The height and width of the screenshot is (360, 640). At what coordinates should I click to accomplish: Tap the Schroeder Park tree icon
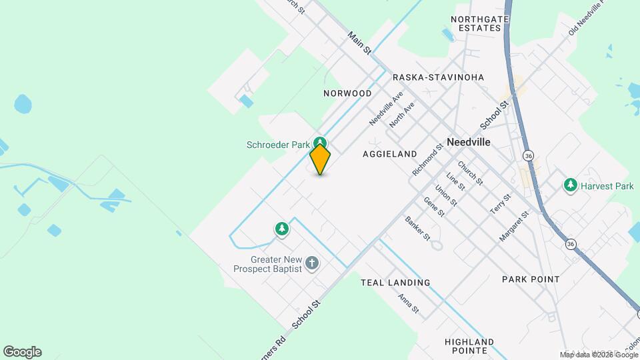(x=321, y=143)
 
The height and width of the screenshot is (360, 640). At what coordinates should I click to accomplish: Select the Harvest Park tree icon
(x=570, y=185)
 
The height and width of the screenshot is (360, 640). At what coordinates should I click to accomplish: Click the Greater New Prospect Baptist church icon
(x=311, y=263)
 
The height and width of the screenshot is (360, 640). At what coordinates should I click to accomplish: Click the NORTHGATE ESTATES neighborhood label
(x=485, y=24)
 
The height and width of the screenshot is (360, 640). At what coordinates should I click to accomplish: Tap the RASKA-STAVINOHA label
(x=438, y=77)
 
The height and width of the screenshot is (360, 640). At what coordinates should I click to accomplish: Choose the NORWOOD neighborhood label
(x=347, y=93)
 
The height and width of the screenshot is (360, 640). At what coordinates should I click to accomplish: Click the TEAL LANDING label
(x=395, y=283)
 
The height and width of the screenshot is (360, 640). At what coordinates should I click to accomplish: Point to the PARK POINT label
(x=531, y=279)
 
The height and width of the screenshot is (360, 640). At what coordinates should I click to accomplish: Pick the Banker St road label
(x=417, y=229)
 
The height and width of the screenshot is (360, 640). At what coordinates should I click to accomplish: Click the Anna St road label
(x=408, y=305)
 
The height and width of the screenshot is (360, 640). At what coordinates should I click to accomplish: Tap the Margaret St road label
(x=514, y=227)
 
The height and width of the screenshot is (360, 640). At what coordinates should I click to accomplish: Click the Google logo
(x=22, y=352)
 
